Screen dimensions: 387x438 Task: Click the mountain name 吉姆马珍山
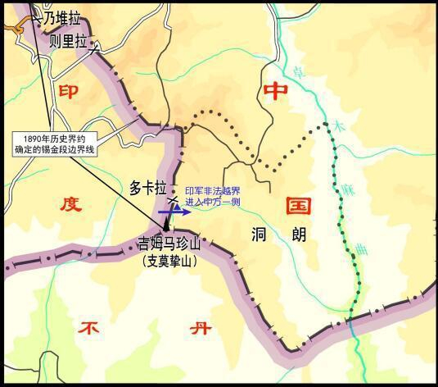pos(174,244)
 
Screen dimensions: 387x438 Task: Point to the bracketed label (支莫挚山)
pos(175,262)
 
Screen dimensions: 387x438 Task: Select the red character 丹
pos(199,330)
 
